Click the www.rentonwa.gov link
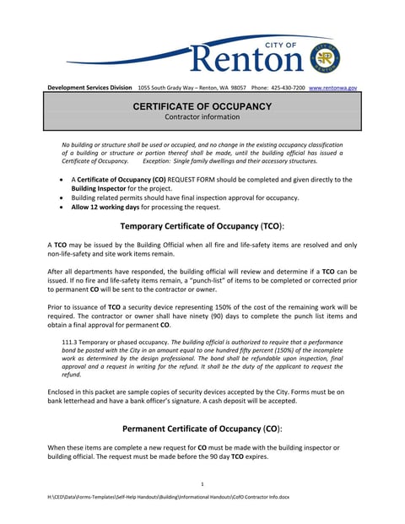click(x=333, y=88)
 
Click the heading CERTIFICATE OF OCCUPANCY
click(x=202, y=106)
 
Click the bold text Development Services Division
click(x=89, y=88)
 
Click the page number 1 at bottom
click(x=202, y=483)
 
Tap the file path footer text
click(x=169, y=497)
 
